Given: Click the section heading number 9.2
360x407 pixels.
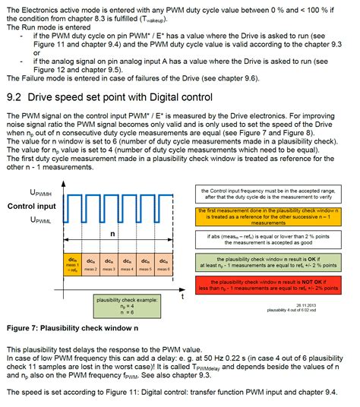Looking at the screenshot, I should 15,96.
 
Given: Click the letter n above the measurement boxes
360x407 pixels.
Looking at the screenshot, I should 113,235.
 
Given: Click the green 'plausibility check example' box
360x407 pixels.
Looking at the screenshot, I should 127,306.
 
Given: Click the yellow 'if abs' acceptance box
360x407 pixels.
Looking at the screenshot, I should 277,241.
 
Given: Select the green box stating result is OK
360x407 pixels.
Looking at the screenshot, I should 277,264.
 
